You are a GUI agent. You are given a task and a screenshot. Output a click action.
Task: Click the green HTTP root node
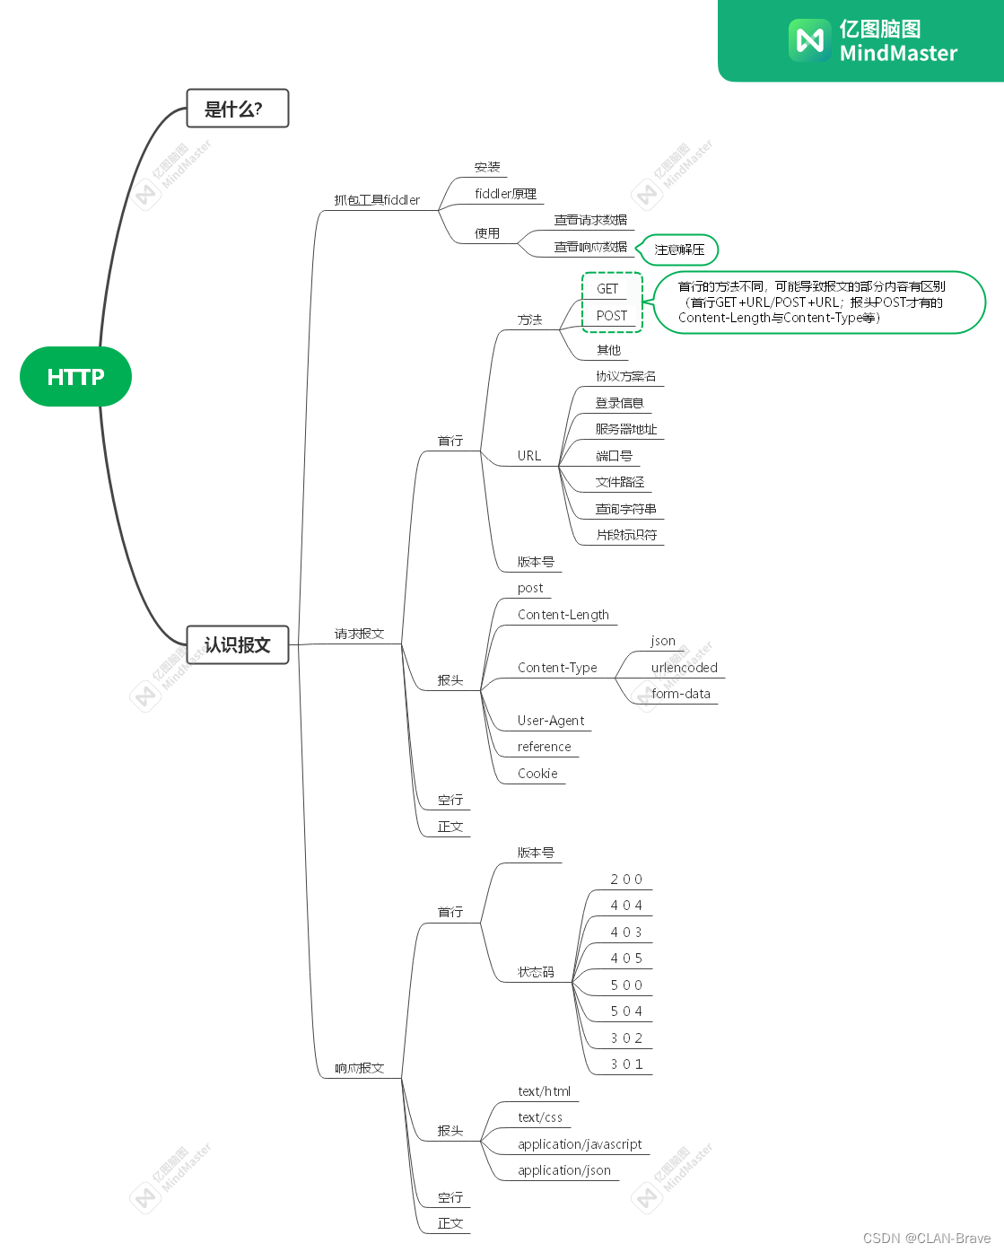click(75, 377)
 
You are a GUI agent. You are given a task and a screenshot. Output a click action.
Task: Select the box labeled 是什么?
click(237, 109)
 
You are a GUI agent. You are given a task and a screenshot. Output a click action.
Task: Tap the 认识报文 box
click(237, 644)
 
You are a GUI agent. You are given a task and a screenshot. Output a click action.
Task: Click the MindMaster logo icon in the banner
click(809, 40)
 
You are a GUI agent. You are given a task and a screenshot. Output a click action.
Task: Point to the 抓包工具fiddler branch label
click(377, 200)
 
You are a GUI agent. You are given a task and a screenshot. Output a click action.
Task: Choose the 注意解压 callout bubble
click(679, 250)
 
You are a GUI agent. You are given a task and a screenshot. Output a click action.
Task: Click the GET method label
click(607, 289)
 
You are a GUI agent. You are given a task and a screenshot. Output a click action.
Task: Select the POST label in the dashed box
click(612, 316)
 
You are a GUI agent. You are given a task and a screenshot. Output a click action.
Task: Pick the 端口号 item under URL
click(615, 456)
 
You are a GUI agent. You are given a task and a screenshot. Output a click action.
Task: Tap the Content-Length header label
click(563, 615)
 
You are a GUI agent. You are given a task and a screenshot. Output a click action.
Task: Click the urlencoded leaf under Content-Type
click(684, 668)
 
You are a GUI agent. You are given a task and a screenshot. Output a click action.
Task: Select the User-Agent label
click(551, 721)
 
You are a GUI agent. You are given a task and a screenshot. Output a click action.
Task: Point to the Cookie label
click(537, 774)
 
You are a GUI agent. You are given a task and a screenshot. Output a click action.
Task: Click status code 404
click(626, 906)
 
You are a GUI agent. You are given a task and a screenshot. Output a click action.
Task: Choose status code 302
click(626, 1038)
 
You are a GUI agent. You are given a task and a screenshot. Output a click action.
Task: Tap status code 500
click(626, 985)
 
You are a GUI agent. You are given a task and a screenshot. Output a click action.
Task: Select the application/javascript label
click(580, 1144)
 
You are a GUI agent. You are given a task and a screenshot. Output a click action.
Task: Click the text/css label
click(540, 1117)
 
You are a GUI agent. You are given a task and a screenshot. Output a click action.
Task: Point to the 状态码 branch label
click(536, 972)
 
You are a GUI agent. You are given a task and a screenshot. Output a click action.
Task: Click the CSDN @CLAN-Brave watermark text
click(927, 1239)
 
